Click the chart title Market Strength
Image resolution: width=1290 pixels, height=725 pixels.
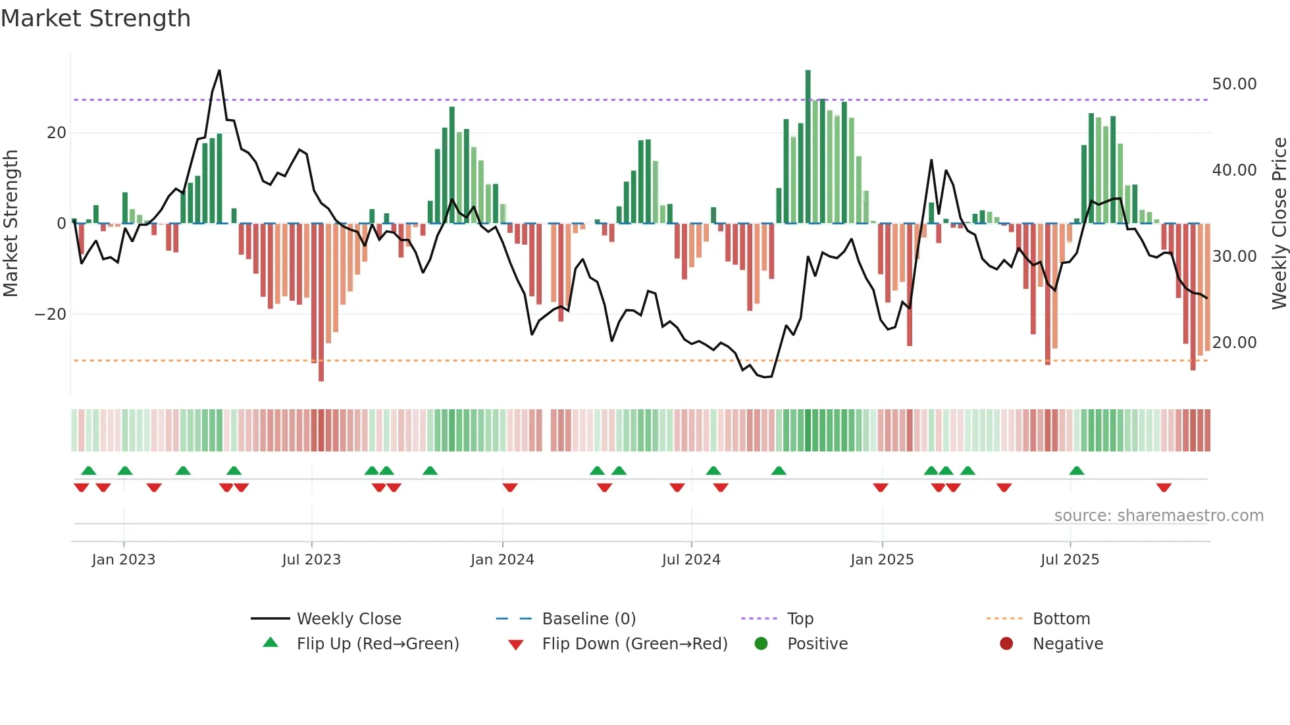(x=95, y=18)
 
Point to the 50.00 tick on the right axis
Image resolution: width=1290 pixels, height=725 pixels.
(x=1234, y=84)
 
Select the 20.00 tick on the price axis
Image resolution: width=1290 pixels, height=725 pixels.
(x=1234, y=343)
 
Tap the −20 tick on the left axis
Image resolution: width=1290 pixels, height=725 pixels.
(x=51, y=314)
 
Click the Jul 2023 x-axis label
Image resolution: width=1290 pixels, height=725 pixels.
(x=311, y=560)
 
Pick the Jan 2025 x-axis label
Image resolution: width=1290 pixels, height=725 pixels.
(x=882, y=560)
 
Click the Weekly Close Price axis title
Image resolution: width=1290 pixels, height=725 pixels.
(x=1279, y=224)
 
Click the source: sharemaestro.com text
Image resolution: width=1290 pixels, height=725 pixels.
(x=1158, y=516)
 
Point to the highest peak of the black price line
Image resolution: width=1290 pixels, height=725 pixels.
(x=219, y=71)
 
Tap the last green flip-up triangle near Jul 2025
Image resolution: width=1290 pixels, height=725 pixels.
(x=1077, y=471)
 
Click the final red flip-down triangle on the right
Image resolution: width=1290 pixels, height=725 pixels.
(x=1164, y=488)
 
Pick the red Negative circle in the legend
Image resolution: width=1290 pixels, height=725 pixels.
(x=1006, y=644)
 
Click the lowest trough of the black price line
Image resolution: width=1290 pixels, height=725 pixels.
(x=765, y=377)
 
